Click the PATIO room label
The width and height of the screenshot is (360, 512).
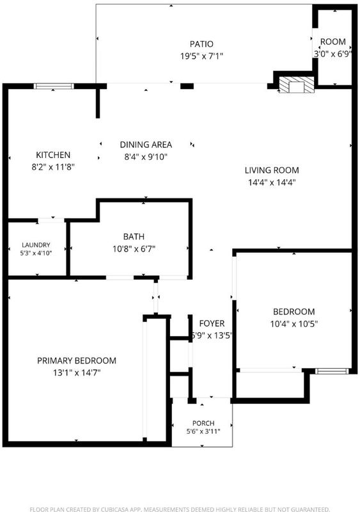point(201,44)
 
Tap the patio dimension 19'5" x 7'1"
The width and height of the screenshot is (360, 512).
point(201,56)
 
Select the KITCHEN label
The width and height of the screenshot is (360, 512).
point(53,155)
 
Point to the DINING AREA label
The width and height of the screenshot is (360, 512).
point(146,145)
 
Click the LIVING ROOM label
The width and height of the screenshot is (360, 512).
point(272,170)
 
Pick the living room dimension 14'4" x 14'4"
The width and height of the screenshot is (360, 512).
point(272,182)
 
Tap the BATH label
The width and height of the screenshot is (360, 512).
point(134,236)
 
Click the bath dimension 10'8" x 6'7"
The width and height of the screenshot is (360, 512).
point(134,249)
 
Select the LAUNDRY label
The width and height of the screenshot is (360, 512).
point(36,245)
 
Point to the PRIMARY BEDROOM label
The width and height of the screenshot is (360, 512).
point(77,360)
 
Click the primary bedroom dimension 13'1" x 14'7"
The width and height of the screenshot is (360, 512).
point(77,372)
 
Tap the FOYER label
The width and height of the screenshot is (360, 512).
point(212,323)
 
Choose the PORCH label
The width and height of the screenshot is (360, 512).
point(203,423)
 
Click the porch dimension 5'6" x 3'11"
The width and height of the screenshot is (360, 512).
point(203,431)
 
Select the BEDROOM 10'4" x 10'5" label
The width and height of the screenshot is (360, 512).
point(294,317)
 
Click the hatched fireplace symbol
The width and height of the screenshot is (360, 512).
point(297,85)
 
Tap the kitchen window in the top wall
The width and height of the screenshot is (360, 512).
point(54,86)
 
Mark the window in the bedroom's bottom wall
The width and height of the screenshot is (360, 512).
point(332,371)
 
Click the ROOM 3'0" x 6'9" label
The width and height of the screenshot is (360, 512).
point(333,47)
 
